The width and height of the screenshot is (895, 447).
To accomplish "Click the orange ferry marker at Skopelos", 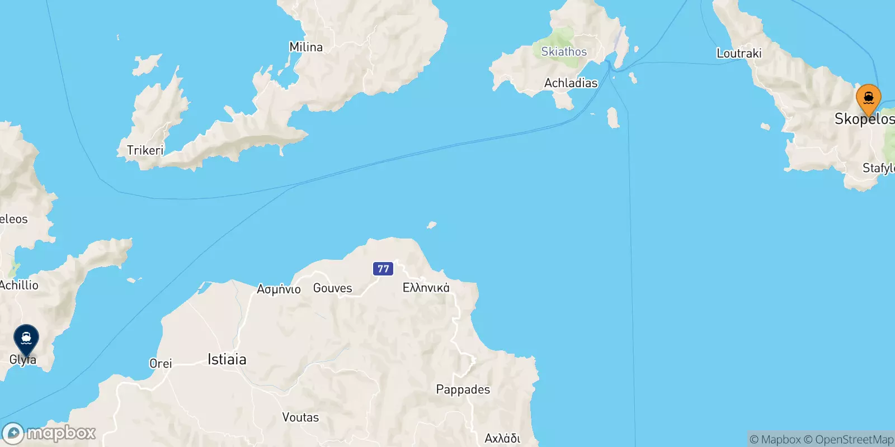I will coord(868,99).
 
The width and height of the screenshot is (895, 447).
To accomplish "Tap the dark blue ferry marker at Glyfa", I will coord(26,339).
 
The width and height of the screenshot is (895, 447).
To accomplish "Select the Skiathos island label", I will coord(564,51).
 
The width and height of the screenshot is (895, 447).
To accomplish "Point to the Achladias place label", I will coord(571,83).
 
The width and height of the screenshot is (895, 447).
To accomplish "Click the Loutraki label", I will coord(739,53).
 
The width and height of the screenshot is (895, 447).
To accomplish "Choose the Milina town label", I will coord(306,47).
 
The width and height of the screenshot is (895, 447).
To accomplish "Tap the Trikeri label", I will coord(145,150).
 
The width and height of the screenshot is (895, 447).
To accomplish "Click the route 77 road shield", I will coord(383,269).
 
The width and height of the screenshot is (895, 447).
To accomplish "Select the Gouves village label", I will coord(332,288).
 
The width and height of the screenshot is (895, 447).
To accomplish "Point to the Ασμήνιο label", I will coord(279,289).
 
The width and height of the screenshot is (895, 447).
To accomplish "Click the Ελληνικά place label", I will coord(426,288).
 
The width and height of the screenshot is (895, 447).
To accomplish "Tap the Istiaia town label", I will coord(227,359).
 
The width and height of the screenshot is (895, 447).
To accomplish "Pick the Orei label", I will coord(161,363).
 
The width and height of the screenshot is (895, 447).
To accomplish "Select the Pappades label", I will coord(463,389).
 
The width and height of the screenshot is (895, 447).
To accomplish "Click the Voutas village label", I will coord(300,417).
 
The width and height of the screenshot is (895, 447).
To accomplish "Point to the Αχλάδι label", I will coord(502,438).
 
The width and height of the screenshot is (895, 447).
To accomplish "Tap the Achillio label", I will coord(19,285).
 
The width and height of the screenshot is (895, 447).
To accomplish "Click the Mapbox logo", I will coord(49,433).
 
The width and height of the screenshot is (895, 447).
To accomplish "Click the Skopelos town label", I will coord(864,118).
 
